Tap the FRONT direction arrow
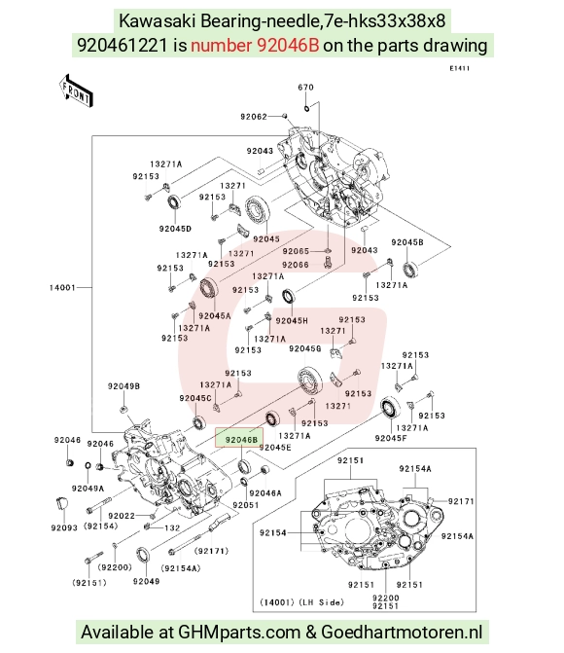point(75,91)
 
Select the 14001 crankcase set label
point(62,287)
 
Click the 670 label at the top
point(305,87)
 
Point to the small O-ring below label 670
point(306,109)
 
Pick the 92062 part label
point(254,117)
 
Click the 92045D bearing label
point(175,229)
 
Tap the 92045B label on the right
point(407,242)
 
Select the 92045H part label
point(292,321)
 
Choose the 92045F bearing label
point(391,438)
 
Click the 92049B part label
point(123,386)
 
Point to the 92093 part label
point(64,527)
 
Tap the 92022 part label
point(122,516)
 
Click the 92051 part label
point(246,505)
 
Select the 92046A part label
point(265,493)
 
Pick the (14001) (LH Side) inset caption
point(301,602)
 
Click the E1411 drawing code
point(460,68)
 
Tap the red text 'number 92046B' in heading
point(255,45)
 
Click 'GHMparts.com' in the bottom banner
point(239,632)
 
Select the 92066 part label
point(296,265)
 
